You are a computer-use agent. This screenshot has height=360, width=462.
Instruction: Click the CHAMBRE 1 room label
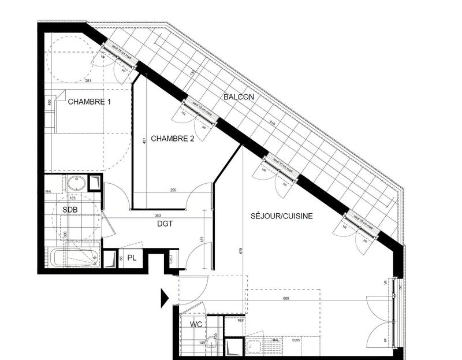tap(90, 102)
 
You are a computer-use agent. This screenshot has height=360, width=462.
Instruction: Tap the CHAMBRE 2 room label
tap(173, 139)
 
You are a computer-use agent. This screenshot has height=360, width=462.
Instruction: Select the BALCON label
tap(239, 97)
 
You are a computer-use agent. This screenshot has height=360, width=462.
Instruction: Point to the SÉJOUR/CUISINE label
tap(282, 216)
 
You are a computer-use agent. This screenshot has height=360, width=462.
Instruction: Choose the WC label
tap(197, 324)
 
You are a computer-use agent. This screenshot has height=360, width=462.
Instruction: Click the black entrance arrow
tap(165, 298)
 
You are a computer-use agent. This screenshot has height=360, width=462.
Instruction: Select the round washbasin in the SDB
tap(76, 184)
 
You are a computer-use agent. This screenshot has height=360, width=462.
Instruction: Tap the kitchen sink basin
tap(255, 347)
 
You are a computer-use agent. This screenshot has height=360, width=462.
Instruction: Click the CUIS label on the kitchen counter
tap(296, 340)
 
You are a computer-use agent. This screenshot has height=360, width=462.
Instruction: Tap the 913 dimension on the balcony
tap(271, 123)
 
